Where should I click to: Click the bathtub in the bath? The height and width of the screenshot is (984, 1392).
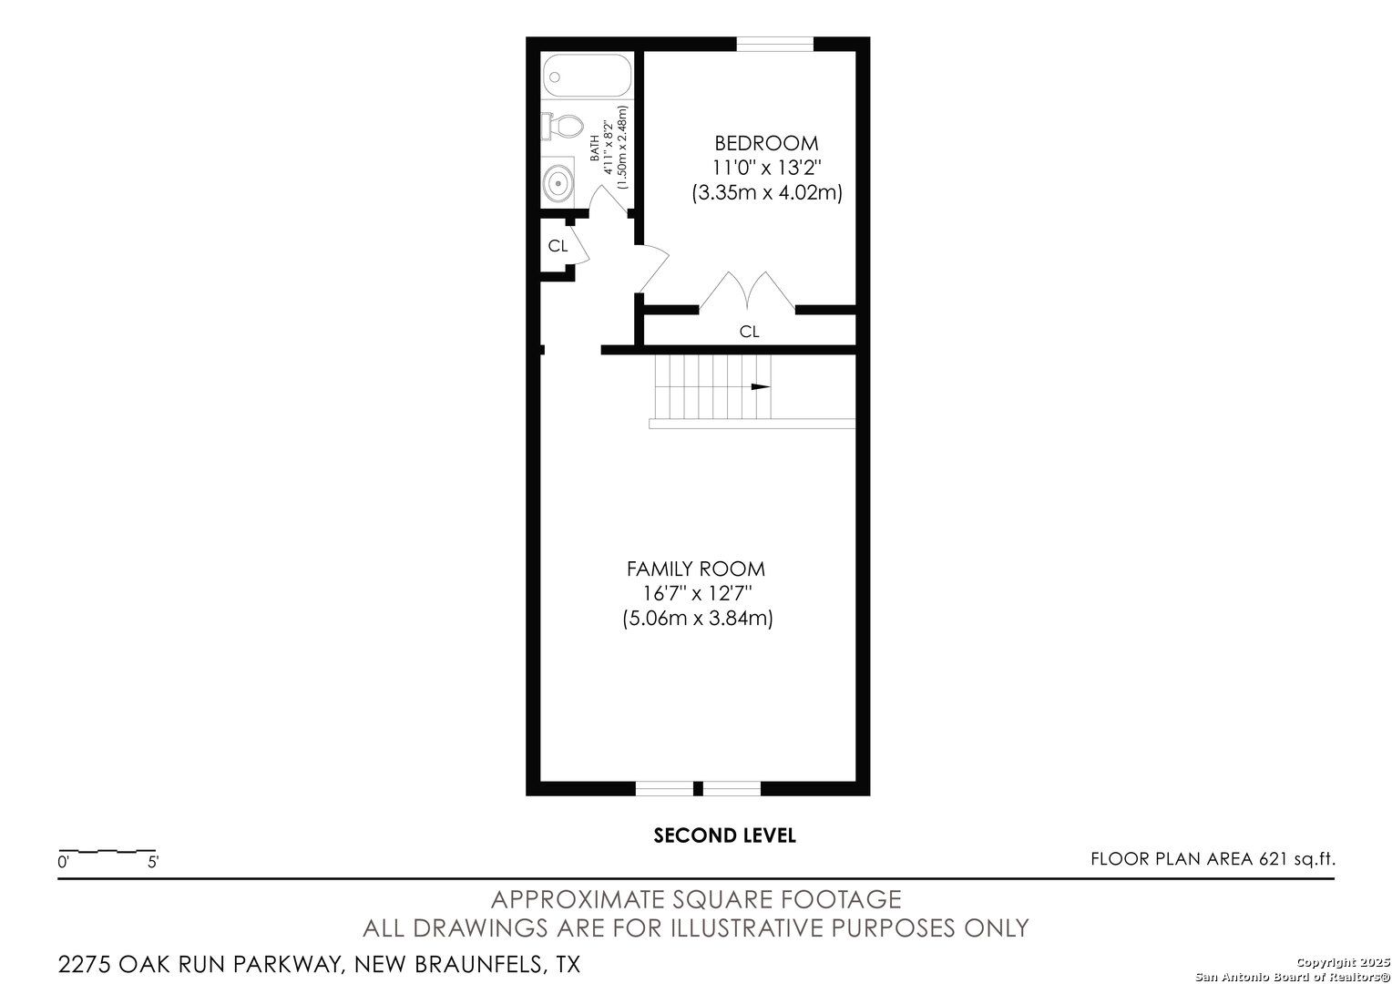click(587, 76)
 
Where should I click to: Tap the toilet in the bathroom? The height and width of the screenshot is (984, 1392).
click(562, 126)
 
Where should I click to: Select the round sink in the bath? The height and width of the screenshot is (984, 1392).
click(558, 183)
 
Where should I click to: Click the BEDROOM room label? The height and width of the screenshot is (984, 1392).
click(766, 144)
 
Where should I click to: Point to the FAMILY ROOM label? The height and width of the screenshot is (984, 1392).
click(695, 569)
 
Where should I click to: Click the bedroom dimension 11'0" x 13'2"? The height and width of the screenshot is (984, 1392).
click(766, 168)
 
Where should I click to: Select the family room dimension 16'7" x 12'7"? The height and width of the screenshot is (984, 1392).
click(697, 594)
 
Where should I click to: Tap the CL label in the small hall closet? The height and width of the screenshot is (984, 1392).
click(558, 246)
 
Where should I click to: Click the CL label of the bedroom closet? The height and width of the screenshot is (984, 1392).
click(749, 332)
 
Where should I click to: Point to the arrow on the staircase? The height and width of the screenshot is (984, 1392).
click(761, 386)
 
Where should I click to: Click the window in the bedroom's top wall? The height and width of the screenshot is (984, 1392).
click(775, 44)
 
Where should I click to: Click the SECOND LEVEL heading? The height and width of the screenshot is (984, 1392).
click(724, 835)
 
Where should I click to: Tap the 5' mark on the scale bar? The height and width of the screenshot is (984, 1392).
click(153, 862)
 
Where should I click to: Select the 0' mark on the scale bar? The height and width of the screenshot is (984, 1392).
click(63, 862)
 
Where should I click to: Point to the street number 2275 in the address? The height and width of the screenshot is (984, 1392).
click(85, 964)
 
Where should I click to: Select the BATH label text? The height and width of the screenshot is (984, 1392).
click(595, 149)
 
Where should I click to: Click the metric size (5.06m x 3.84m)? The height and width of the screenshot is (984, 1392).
click(698, 619)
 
